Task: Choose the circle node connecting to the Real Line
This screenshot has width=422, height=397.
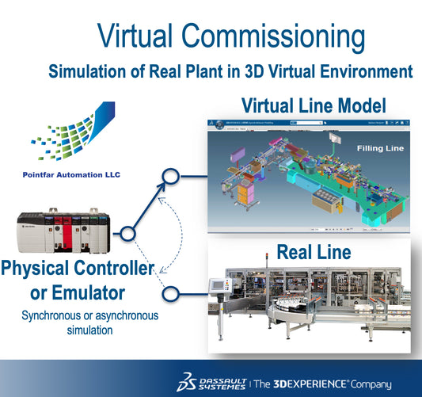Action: point(168,294)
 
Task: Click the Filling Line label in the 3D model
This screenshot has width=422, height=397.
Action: point(381,147)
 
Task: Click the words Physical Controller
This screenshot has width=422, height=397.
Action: point(78,268)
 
